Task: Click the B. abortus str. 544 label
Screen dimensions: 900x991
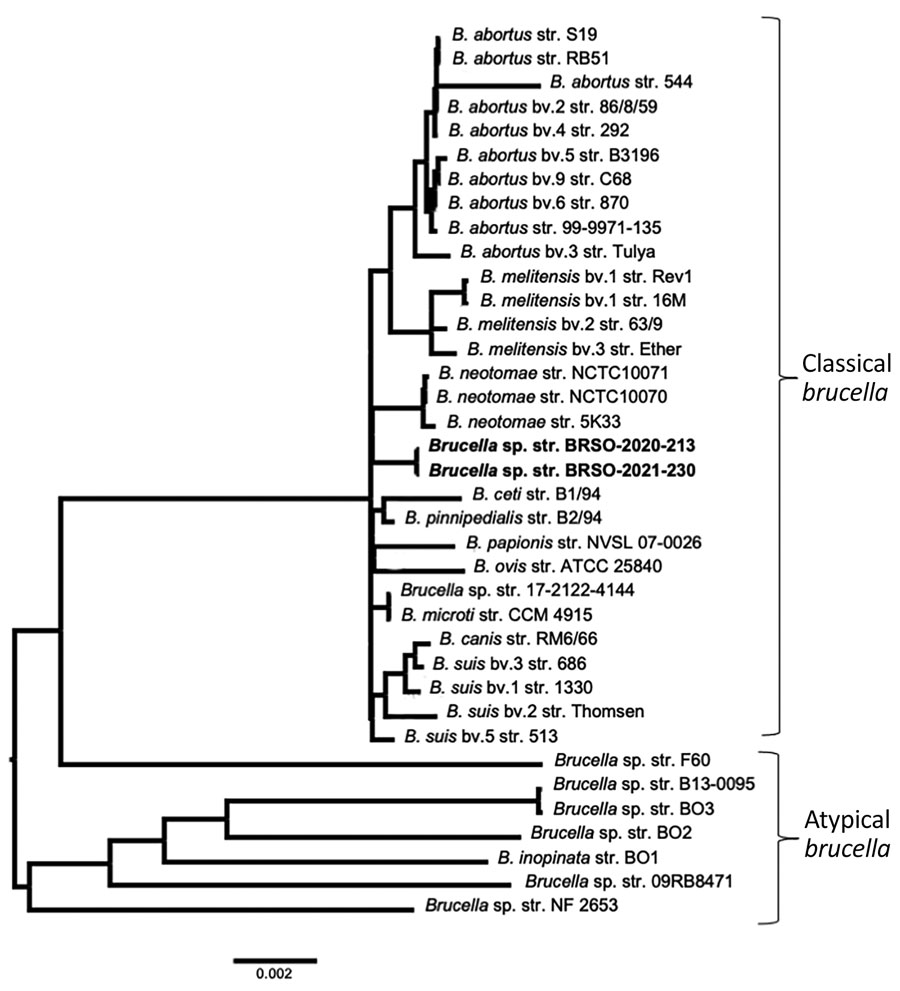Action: (x=621, y=82)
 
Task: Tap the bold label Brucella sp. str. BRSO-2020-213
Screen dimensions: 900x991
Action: (x=562, y=446)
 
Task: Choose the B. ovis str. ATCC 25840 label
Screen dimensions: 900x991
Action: (x=568, y=566)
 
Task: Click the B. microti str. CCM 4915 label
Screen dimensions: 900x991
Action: (x=496, y=614)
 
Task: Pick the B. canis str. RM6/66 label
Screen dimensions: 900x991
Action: (x=518, y=639)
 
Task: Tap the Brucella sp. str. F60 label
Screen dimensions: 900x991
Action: (x=624, y=760)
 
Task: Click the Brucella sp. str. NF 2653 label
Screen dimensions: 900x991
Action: (x=521, y=906)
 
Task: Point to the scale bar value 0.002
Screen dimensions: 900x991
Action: (x=274, y=974)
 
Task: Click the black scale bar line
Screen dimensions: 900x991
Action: (x=275, y=961)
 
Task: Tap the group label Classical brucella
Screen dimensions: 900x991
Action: (x=846, y=378)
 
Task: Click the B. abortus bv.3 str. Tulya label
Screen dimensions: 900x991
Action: (x=557, y=252)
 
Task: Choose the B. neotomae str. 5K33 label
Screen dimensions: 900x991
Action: (x=534, y=422)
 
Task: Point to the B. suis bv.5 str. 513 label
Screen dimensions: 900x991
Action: (x=481, y=736)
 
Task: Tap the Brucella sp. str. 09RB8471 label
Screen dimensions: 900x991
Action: (x=629, y=882)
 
